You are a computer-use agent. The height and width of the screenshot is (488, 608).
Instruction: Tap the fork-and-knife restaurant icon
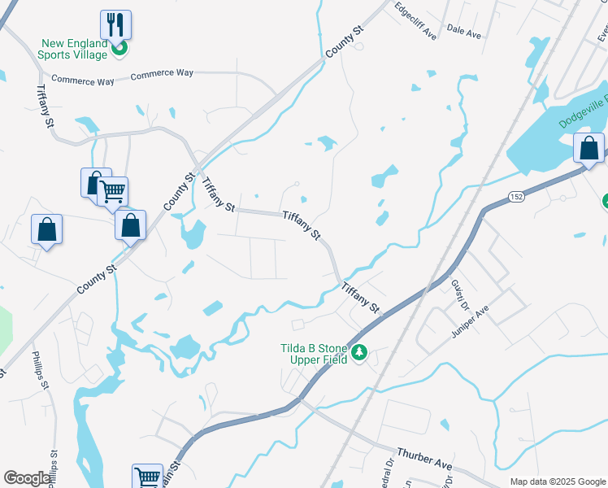coord(115,24)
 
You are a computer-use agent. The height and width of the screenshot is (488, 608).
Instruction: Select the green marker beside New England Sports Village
coord(119,49)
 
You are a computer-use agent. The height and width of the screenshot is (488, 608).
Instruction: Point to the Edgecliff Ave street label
coord(415,21)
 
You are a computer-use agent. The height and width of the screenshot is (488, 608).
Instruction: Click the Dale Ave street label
coord(464,32)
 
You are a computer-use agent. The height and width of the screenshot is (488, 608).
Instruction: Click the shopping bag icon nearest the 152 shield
coord(588,148)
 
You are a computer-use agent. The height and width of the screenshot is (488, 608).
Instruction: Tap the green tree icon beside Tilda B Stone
coord(359,354)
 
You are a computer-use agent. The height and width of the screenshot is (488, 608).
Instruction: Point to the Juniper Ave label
coord(470,320)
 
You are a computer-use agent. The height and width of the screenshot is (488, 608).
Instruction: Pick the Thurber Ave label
coord(423,458)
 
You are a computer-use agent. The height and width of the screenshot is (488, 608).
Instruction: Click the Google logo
coord(27,478)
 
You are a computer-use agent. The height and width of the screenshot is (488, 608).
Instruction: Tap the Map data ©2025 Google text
coord(557,481)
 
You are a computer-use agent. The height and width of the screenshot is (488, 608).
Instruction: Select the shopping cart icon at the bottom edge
coord(147,477)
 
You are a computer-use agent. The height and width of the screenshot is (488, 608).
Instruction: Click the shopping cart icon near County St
coord(113,192)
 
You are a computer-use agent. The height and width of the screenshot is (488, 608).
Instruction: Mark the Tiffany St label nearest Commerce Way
coord(44,107)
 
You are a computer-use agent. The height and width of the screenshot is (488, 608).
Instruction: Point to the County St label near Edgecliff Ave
coord(343,41)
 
